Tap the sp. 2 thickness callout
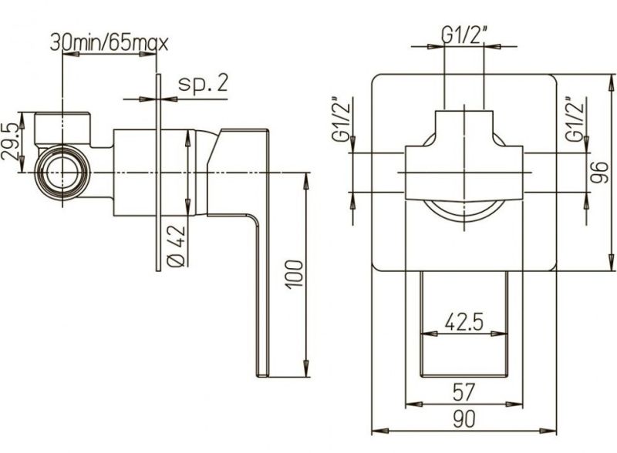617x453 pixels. (x=203, y=83)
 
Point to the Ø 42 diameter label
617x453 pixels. (x=177, y=247)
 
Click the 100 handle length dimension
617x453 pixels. (x=295, y=274)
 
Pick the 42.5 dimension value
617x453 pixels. (x=464, y=323)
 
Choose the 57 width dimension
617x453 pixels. (x=464, y=391)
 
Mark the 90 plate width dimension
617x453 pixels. (x=464, y=419)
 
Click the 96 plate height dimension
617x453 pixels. (x=599, y=173)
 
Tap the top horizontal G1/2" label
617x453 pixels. (x=464, y=36)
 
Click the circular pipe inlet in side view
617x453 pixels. (x=62, y=173)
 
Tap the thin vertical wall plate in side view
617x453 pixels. (x=158, y=173)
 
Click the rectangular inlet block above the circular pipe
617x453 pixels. (x=63, y=129)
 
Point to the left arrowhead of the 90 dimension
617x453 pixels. (x=380, y=431)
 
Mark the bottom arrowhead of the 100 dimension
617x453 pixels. (x=305, y=368)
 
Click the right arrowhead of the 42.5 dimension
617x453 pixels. (x=500, y=334)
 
